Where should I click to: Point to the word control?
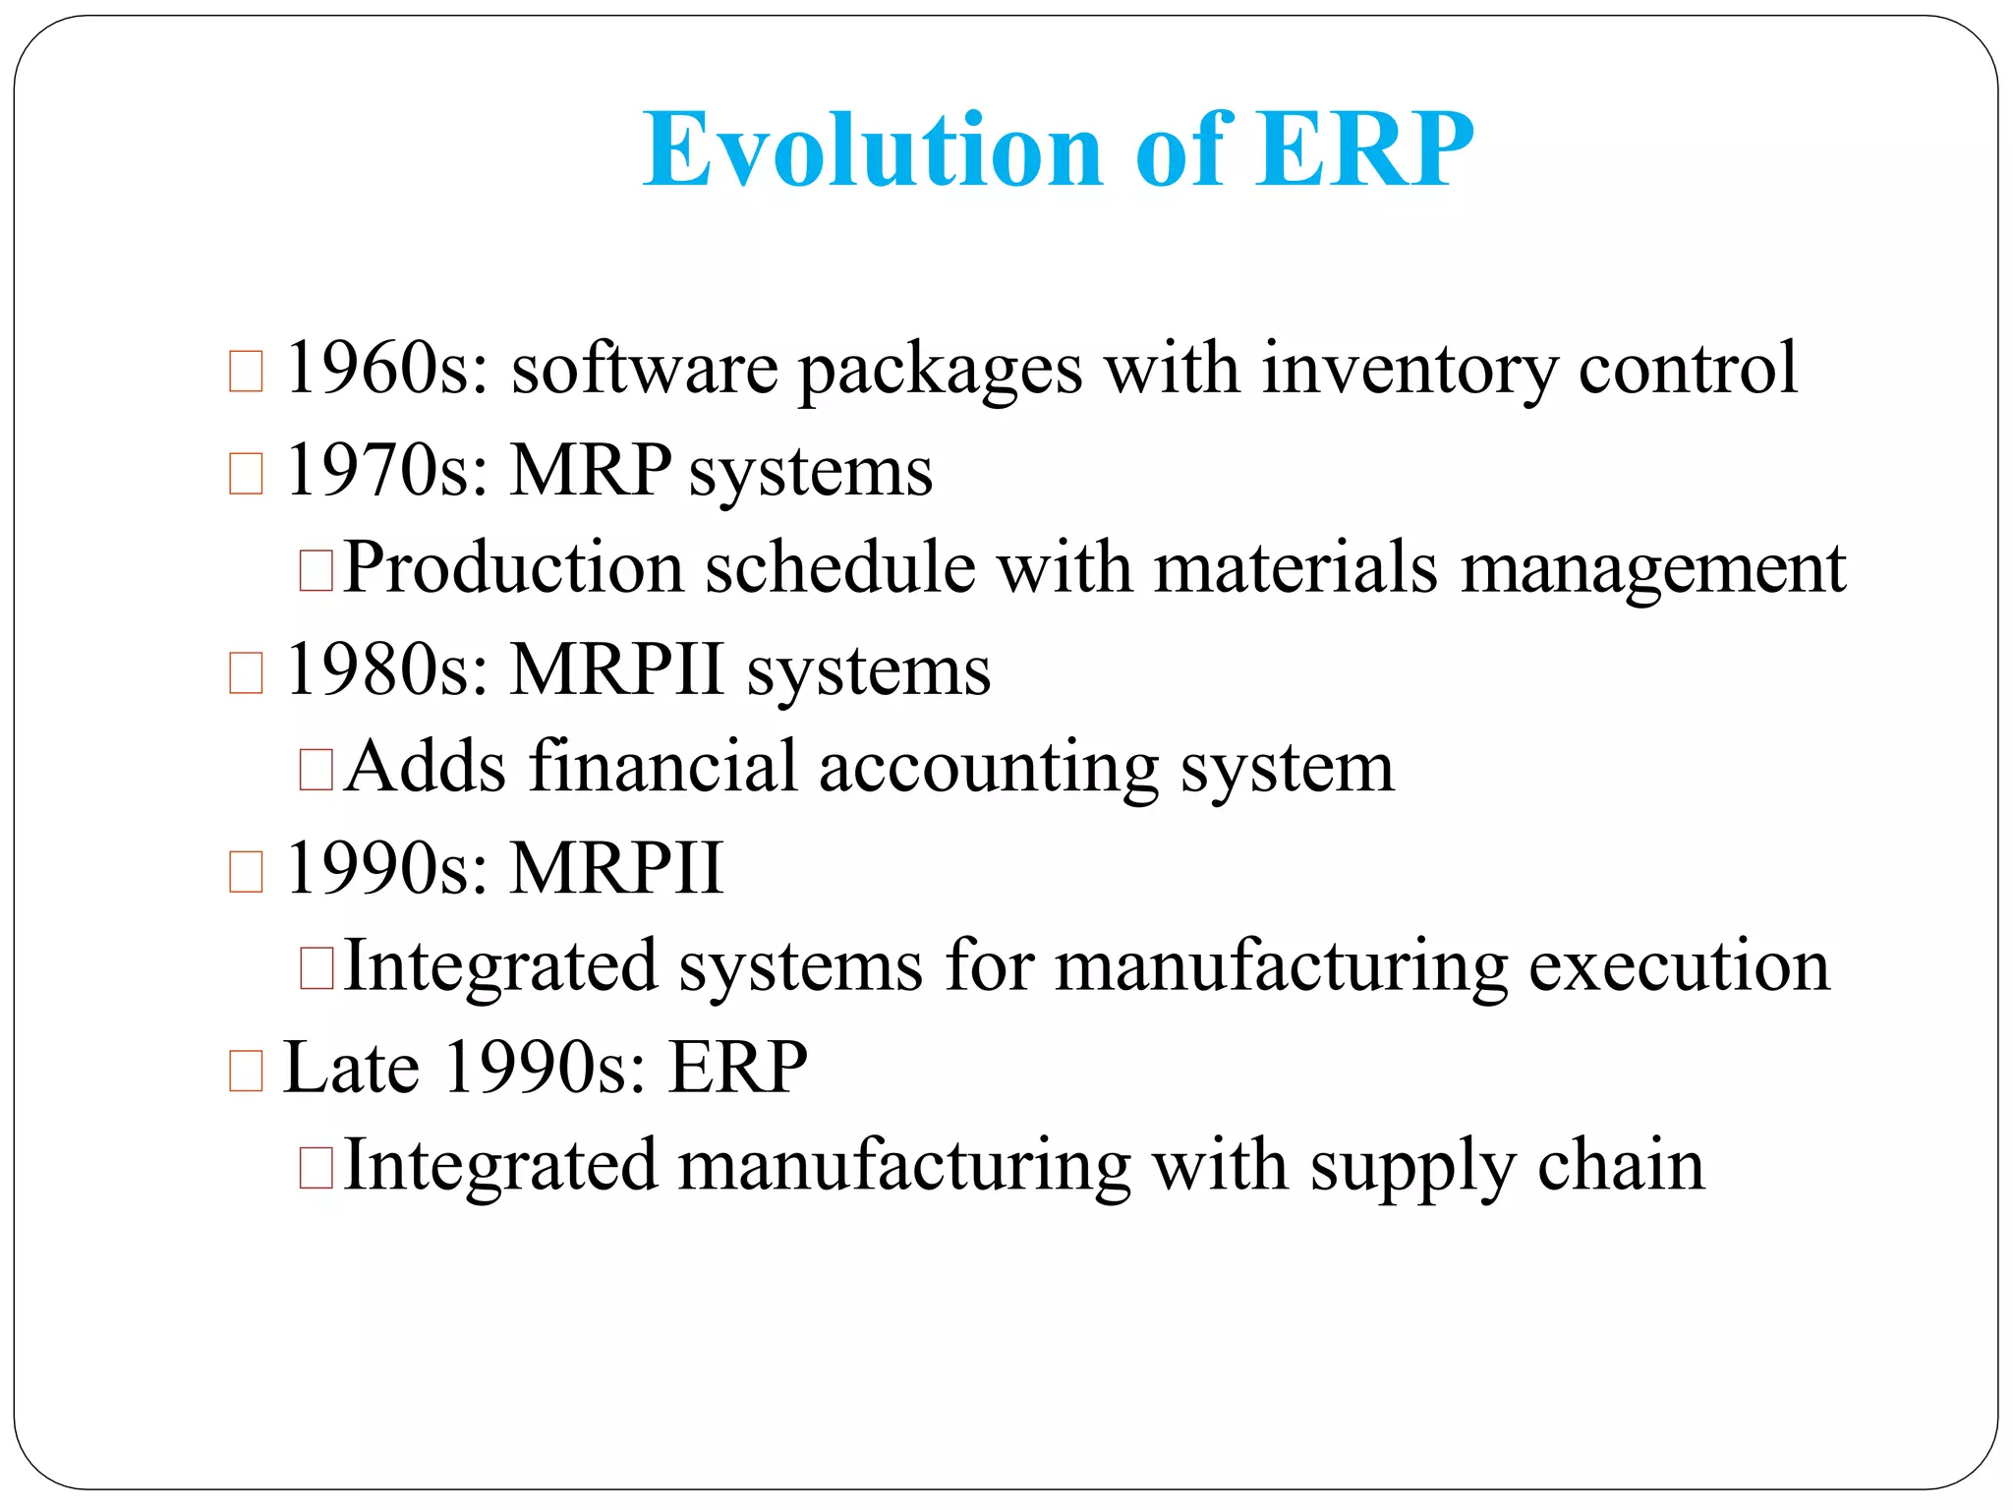[1688, 368]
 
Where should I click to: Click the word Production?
[513, 568]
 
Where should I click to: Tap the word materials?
[1296, 568]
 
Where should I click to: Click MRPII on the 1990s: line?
[617, 868]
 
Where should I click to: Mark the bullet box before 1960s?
[246, 372]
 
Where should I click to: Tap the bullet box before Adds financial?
[316, 771]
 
